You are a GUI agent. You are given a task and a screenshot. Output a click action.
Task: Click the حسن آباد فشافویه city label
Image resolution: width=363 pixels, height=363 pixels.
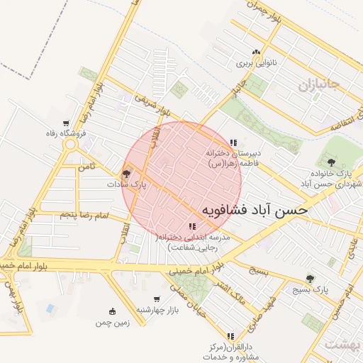coord(255,211)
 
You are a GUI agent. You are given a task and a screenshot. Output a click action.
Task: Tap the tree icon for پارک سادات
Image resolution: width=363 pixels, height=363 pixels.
coord(127,173)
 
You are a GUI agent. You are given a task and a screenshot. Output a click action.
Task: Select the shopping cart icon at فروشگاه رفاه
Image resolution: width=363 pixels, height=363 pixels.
coord(66,123)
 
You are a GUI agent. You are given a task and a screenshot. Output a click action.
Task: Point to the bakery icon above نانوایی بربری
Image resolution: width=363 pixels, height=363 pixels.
coord(255,52)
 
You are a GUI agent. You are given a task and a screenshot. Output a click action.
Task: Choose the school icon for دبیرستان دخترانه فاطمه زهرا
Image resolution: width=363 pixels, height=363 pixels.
coord(233,143)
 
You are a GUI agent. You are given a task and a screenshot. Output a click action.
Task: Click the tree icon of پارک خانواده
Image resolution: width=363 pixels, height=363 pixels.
coord(331,162)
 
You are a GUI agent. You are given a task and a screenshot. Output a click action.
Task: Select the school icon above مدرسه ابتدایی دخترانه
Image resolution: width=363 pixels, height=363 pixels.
coord(192,226)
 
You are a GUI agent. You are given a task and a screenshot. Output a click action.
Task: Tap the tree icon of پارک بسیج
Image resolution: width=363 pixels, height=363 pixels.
coord(309,279)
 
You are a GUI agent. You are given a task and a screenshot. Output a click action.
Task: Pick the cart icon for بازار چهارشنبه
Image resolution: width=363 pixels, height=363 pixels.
coord(156,298)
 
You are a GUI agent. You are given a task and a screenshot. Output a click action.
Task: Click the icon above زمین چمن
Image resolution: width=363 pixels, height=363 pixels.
coord(112,311)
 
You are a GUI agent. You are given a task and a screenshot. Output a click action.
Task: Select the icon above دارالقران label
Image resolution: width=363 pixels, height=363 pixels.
coord(230,336)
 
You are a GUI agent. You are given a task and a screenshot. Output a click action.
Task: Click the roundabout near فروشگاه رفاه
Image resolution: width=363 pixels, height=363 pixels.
coord(70,146)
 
